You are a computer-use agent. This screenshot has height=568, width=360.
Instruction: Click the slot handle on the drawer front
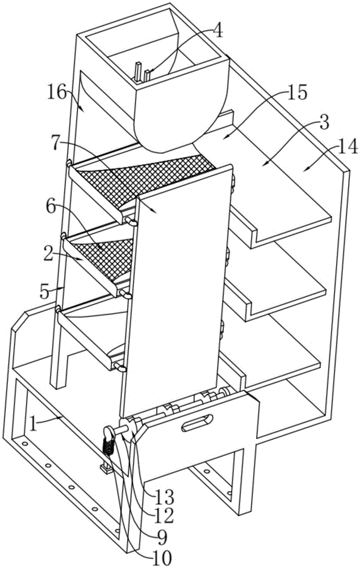coord(195,423)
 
